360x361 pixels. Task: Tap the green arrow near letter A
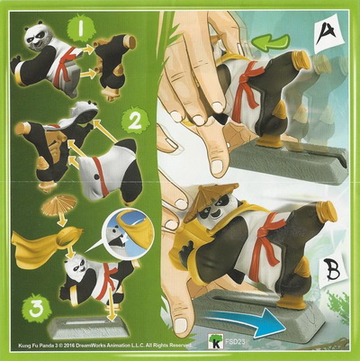click(271, 43)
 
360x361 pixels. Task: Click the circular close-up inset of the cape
click(128, 230)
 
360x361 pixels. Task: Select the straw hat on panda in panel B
click(211, 199)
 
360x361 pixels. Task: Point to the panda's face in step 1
click(37, 38)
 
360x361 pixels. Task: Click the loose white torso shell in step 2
click(111, 170)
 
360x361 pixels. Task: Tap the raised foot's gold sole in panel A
click(301, 59)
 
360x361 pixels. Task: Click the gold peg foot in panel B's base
click(292, 301)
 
